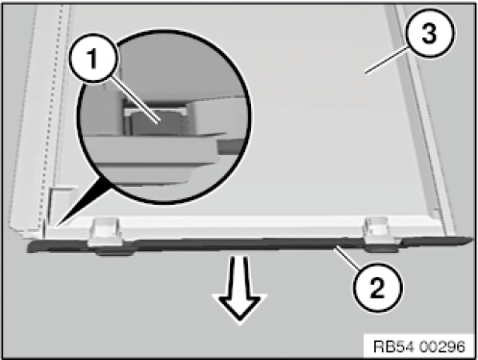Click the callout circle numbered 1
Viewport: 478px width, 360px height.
pos(93,59)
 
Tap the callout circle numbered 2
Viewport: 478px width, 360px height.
pos(377,287)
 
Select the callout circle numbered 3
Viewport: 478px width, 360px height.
pos(430,34)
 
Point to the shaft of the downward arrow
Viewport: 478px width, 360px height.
pos(239,275)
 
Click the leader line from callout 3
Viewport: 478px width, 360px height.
pos(388,61)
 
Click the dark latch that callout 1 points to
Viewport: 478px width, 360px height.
pos(156,124)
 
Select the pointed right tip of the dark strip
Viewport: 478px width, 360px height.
pos(472,240)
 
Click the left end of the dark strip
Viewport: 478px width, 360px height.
pos(30,247)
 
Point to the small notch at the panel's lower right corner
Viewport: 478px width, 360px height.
pos(436,214)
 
